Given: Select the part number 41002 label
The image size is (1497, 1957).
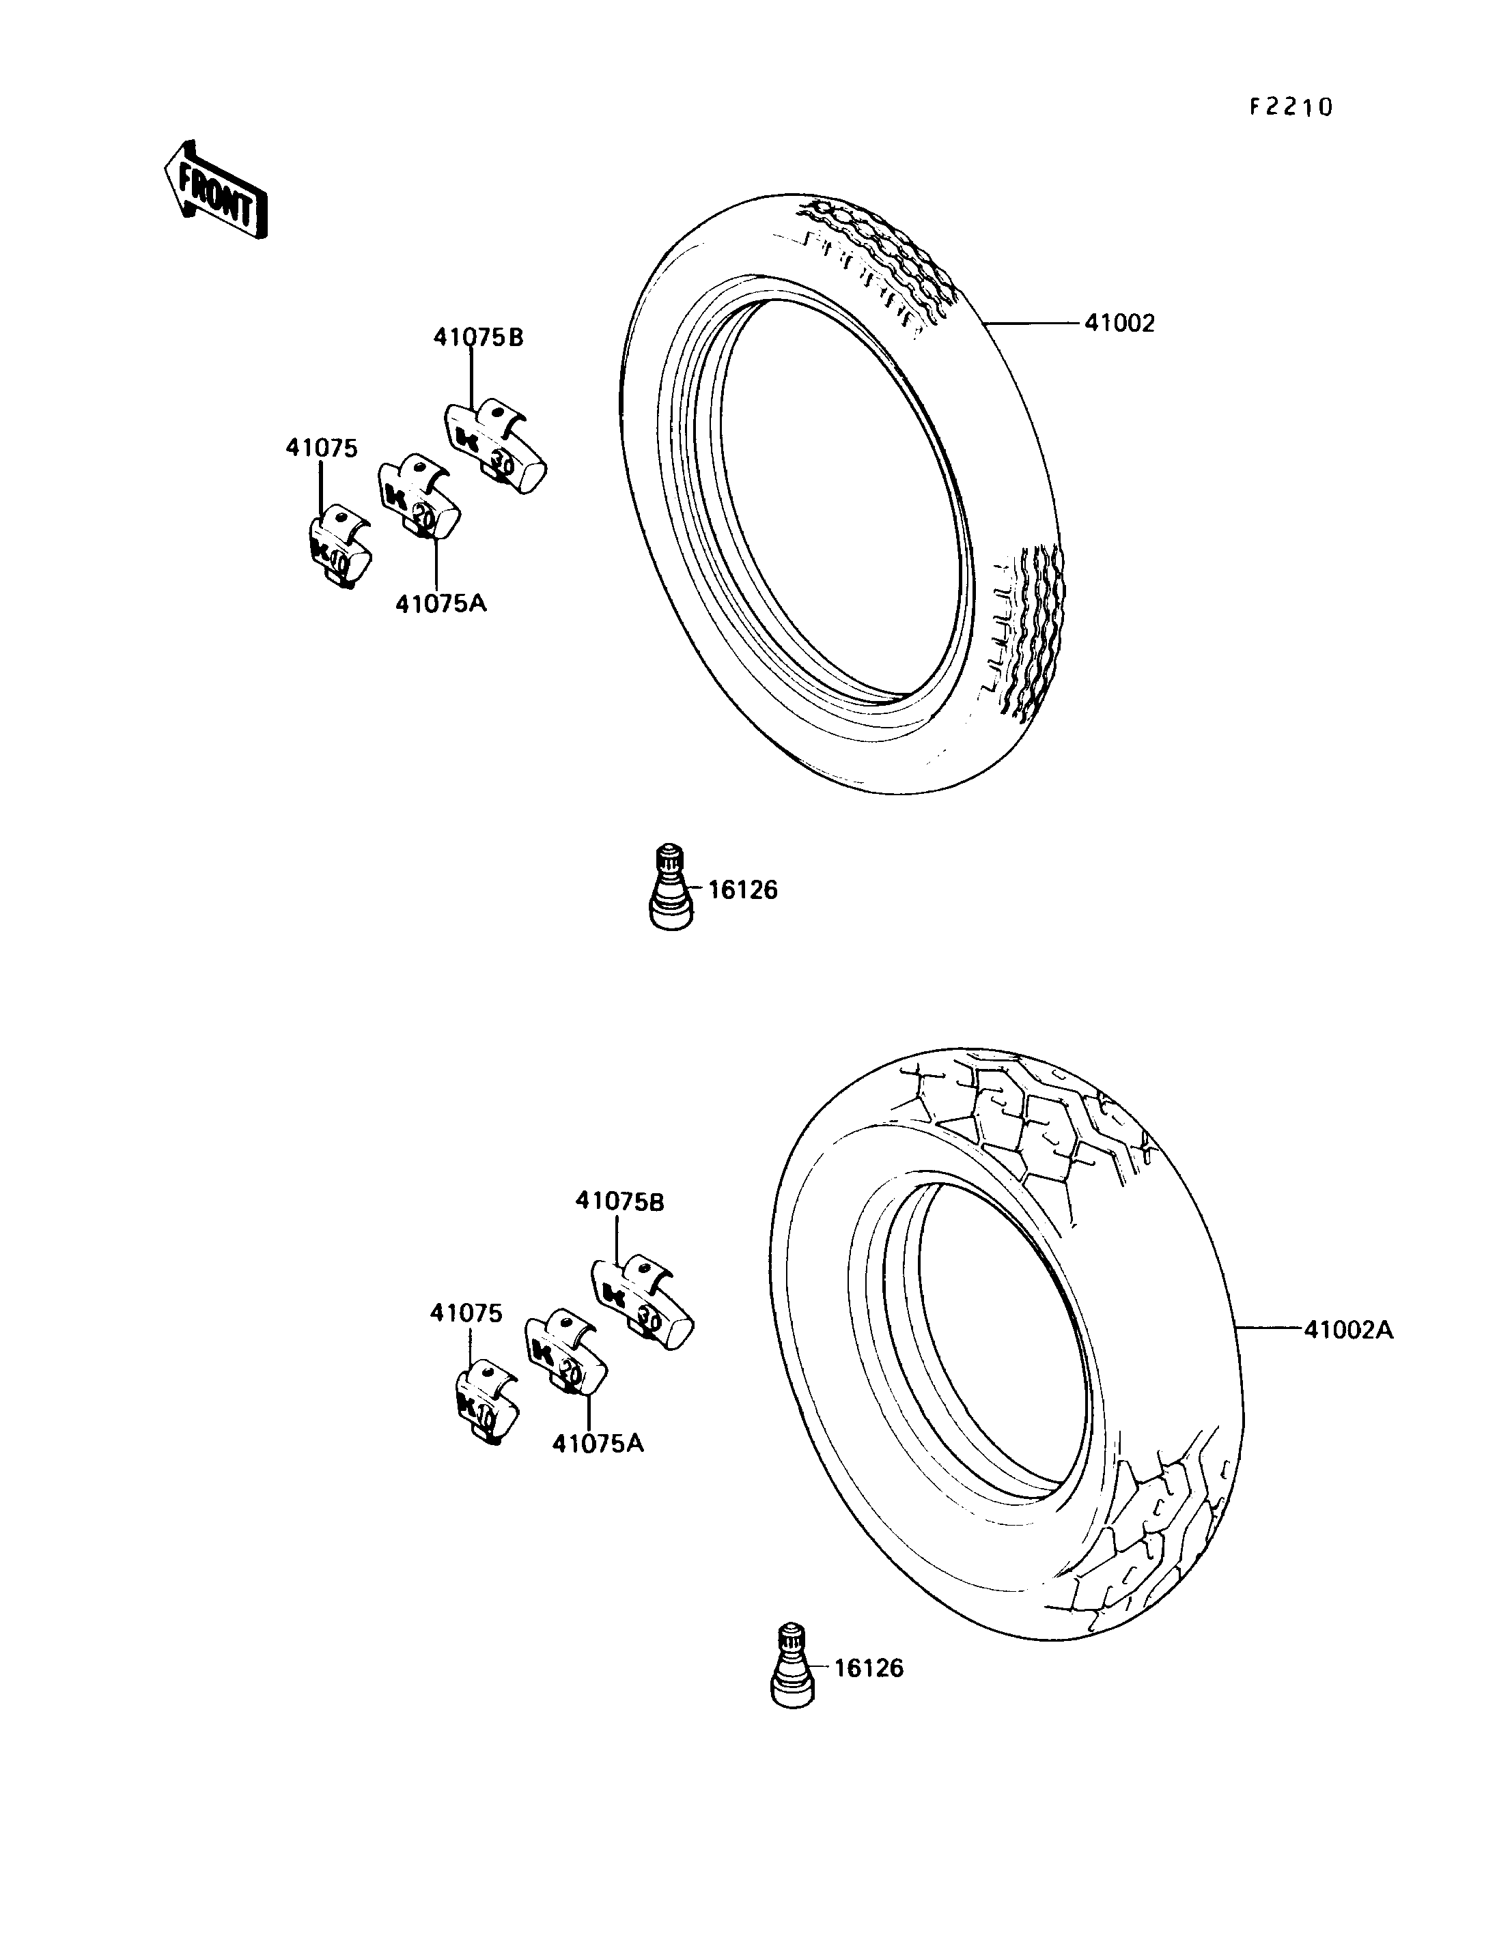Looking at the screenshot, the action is (x=1119, y=324).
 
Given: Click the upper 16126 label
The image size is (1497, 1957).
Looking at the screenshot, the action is (x=742, y=890).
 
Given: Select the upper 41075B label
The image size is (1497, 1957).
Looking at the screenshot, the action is (x=479, y=338).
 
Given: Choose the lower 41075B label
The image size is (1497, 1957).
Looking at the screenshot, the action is (x=620, y=1201).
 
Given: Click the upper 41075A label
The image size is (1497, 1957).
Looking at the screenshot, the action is (x=441, y=604).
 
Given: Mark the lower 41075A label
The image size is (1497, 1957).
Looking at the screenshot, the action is (x=597, y=1443).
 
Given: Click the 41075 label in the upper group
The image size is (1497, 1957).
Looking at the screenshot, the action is (x=322, y=448).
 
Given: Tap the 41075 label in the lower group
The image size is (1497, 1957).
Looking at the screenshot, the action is (x=466, y=1313).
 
